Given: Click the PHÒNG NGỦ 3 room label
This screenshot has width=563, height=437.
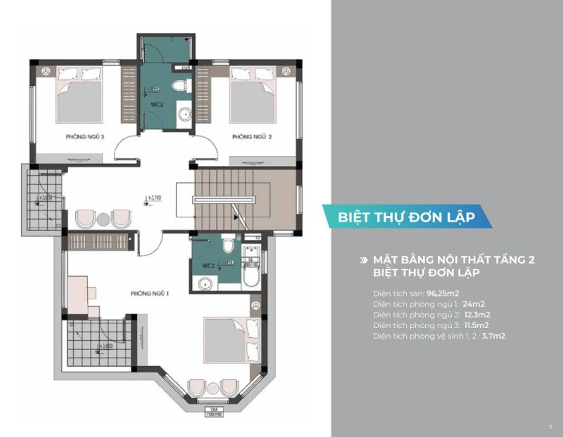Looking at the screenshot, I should click(85, 137).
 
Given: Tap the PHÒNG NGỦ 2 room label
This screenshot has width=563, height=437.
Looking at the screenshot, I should click(252, 137).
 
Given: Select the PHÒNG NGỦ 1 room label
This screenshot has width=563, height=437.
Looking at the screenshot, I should click(150, 293).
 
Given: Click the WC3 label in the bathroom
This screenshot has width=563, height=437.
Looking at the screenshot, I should click(157, 104).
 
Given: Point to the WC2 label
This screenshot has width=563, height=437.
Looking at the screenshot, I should click(208, 266).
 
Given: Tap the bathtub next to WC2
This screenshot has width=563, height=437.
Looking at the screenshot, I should click(251, 271).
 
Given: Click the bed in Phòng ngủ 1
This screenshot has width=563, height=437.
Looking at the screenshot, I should click(229, 340).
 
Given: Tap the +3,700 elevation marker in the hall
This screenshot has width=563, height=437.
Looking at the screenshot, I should click(153, 198).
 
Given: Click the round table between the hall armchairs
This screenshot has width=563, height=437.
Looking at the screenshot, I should click(103, 220).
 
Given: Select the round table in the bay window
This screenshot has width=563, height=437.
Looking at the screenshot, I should click(213, 388).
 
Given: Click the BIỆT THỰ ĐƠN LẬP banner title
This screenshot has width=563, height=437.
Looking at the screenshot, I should click(406, 217).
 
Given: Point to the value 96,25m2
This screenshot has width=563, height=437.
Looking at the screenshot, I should click(443, 293).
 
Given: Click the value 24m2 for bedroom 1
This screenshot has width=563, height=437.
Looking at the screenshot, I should click(474, 304).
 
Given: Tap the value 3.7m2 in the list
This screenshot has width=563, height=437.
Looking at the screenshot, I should click(493, 336).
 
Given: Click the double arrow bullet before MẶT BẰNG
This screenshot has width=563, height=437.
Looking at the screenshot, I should click(363, 260).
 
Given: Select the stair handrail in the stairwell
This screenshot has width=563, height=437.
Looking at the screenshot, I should click(224, 200).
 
